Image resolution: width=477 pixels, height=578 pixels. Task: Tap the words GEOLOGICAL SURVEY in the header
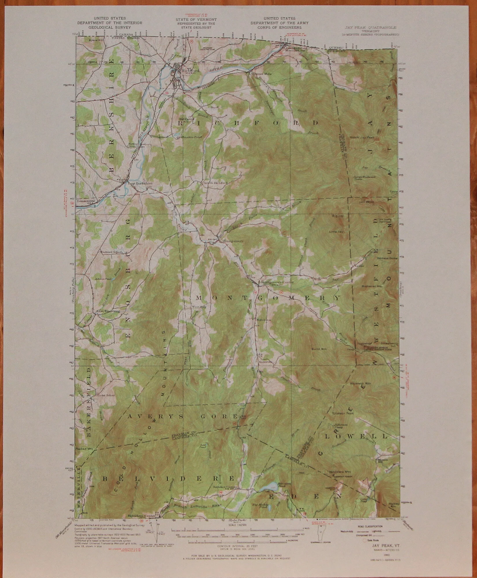109,27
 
